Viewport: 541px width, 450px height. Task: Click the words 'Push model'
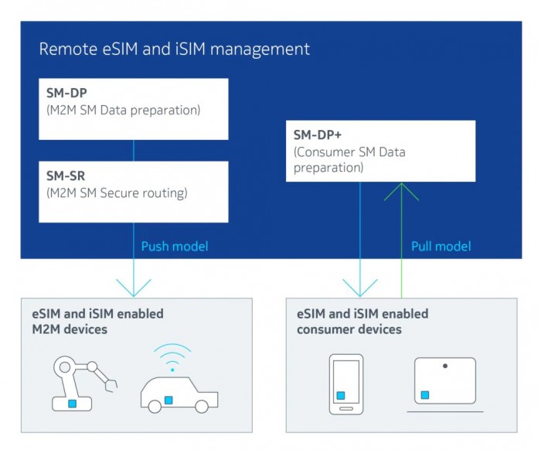175,247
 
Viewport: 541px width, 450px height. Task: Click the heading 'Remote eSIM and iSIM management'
174,49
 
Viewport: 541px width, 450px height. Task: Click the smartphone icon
345,384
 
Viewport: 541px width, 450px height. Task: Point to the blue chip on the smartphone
340,395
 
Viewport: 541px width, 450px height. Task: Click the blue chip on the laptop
424,394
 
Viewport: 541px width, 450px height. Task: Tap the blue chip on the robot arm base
72,404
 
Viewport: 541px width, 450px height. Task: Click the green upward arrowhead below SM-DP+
401,191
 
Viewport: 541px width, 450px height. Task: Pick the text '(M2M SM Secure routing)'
116,193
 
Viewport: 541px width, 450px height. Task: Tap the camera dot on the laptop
445,366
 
